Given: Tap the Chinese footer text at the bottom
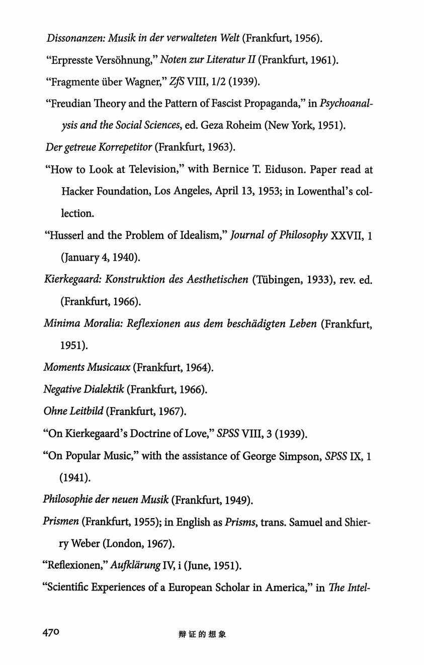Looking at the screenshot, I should tap(202, 634).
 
